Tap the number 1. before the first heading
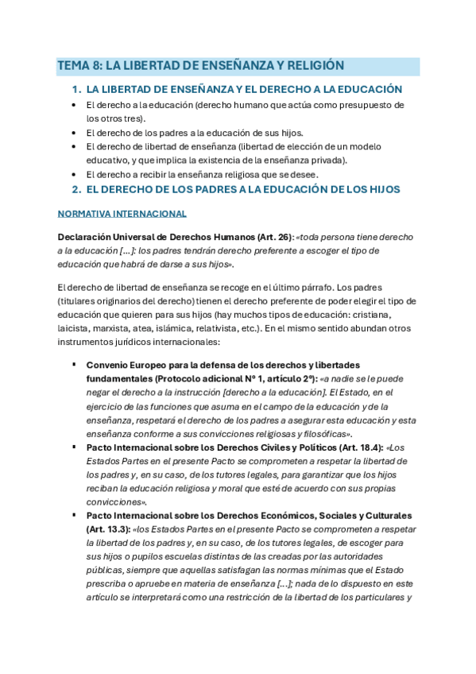(x=77, y=90)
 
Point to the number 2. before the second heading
(x=77, y=189)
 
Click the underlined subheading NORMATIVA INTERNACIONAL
(x=122, y=214)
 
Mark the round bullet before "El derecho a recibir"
(x=74, y=175)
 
